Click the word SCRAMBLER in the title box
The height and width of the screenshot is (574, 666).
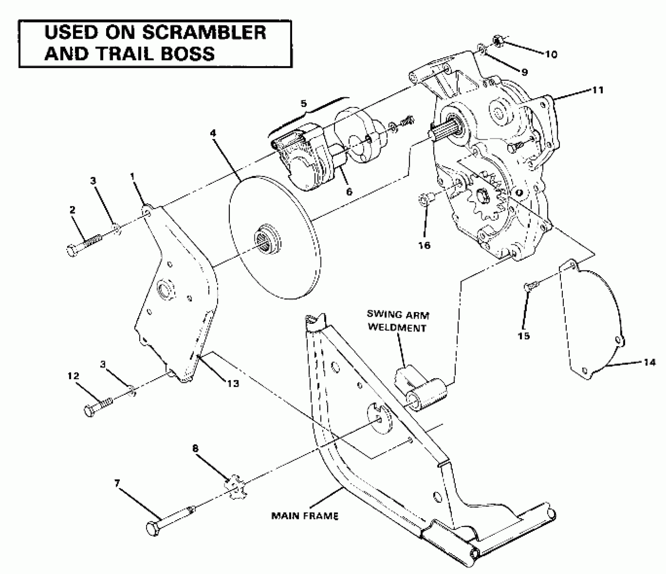(x=204, y=33)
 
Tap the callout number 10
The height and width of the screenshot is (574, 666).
(x=551, y=54)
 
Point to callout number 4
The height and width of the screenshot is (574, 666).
(x=213, y=133)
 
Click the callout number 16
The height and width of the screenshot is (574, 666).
(x=425, y=245)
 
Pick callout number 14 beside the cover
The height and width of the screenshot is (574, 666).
(x=649, y=362)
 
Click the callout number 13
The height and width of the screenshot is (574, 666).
(x=233, y=383)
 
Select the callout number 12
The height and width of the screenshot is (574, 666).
(x=73, y=376)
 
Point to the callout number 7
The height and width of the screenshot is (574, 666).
(x=117, y=484)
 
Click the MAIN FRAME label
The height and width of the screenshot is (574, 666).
(x=305, y=516)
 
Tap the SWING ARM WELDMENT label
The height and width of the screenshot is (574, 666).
(x=398, y=321)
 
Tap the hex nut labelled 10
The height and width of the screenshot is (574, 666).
(x=498, y=41)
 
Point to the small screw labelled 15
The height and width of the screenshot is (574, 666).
(x=530, y=286)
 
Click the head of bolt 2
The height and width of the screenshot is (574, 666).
(x=73, y=251)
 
